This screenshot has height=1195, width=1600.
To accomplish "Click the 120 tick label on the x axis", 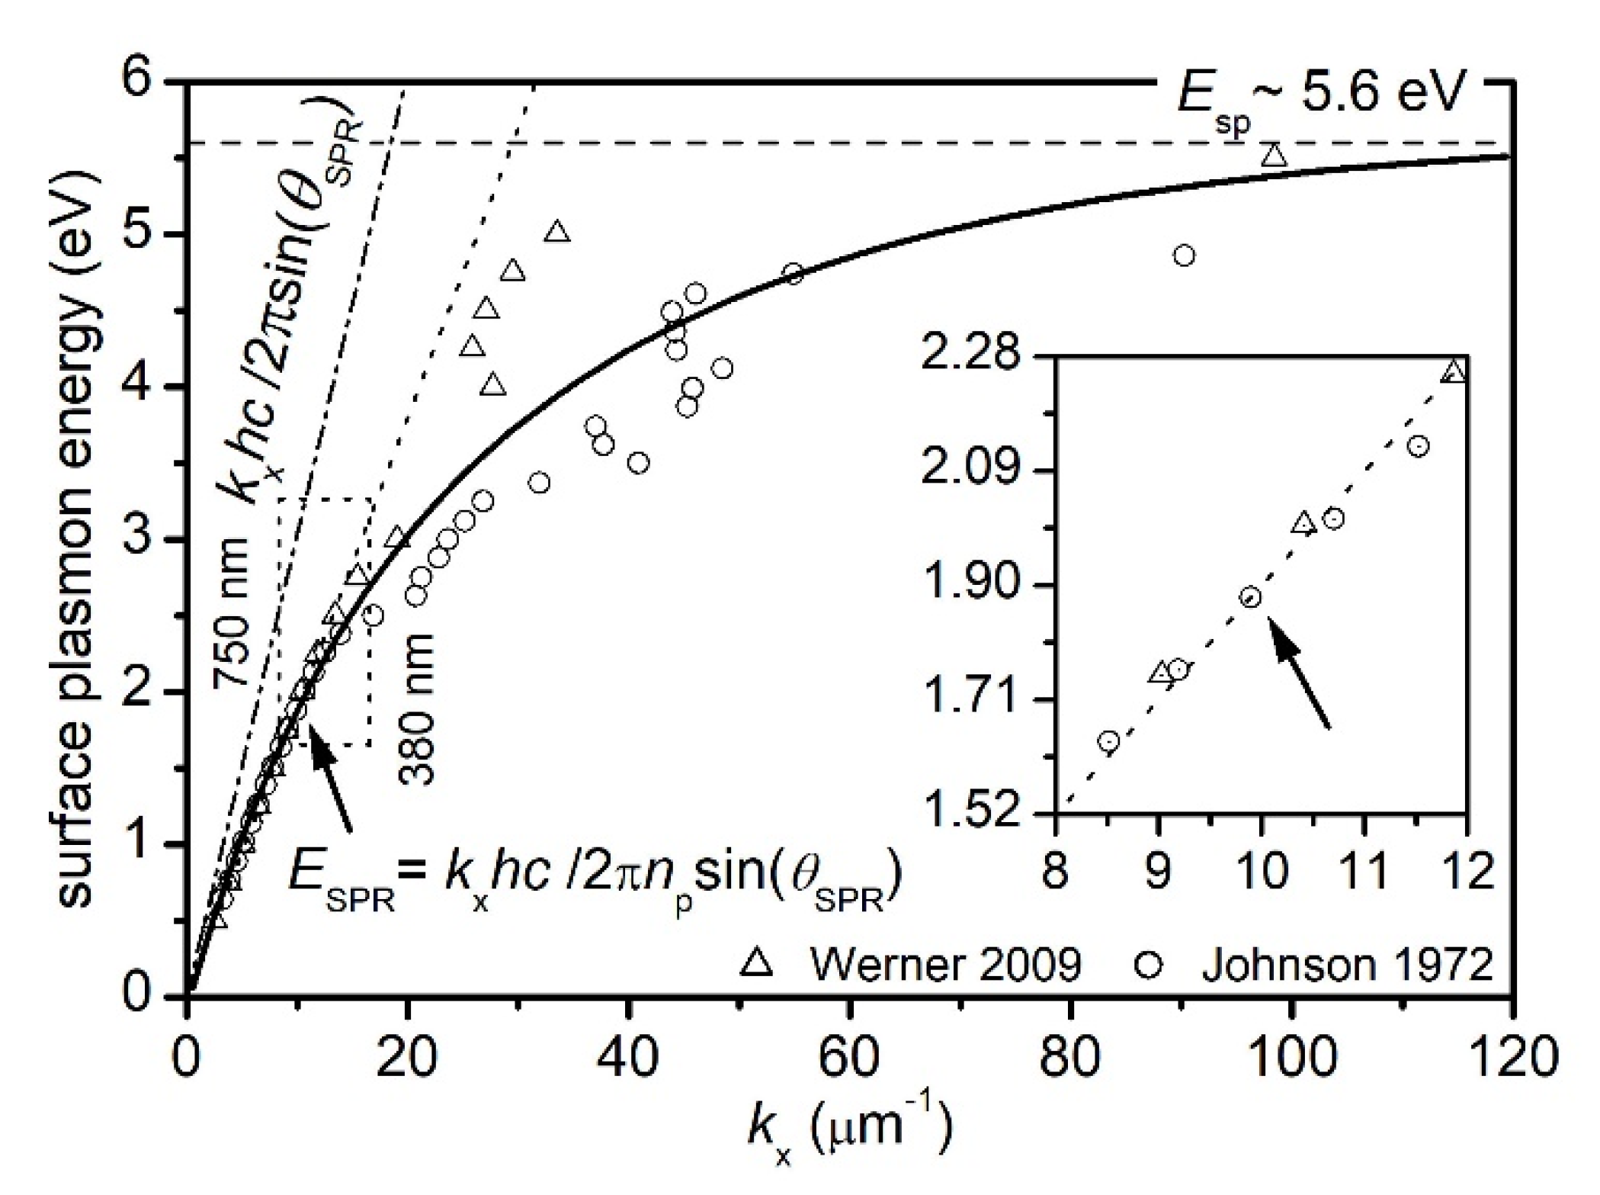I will pos(1509,1058).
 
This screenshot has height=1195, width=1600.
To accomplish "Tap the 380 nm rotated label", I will pos(418,709).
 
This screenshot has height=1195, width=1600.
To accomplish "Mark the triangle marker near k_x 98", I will pos(1273,156).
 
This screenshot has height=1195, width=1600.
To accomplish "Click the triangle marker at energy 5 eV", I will pos(557,232).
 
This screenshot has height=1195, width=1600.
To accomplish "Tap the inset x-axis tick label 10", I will pos(1262,871).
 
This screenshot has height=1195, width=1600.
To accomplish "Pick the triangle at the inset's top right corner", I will pos(1454,371).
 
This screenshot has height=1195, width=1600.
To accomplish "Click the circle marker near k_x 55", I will pos(794,274).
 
